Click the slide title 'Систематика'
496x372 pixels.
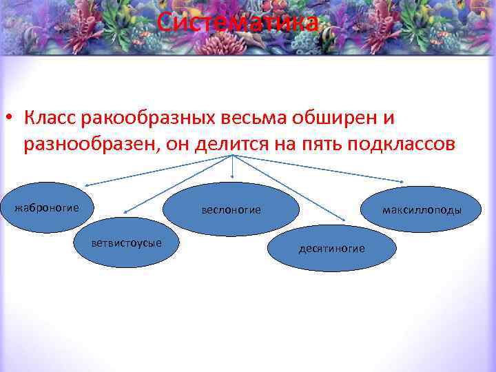click(x=238, y=23)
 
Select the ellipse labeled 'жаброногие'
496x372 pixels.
click(x=47, y=208)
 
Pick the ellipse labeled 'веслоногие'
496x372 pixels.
click(x=231, y=209)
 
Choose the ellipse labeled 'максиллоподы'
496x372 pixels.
click(x=422, y=209)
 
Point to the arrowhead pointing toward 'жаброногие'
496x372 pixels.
click(x=87, y=185)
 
